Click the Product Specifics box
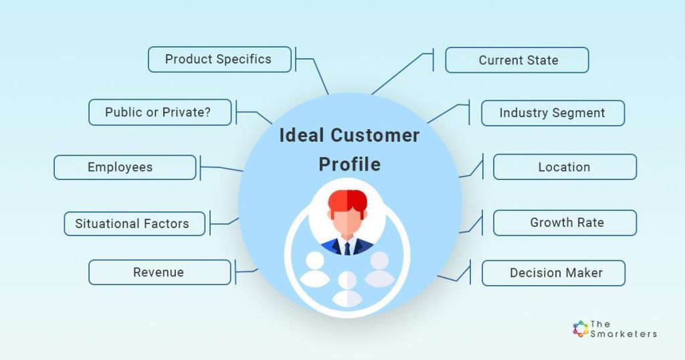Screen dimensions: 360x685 (219, 59)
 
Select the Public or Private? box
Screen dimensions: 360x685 (159, 112)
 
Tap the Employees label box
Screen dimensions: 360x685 (124, 167)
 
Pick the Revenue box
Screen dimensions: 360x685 (159, 272)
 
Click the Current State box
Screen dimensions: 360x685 (517, 60)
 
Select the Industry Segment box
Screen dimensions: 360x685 (553, 113)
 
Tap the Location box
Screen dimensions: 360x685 (565, 167)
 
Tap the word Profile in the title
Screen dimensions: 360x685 (349, 164)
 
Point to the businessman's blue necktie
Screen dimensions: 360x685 (347, 249)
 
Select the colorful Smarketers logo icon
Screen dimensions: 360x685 (580, 329)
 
